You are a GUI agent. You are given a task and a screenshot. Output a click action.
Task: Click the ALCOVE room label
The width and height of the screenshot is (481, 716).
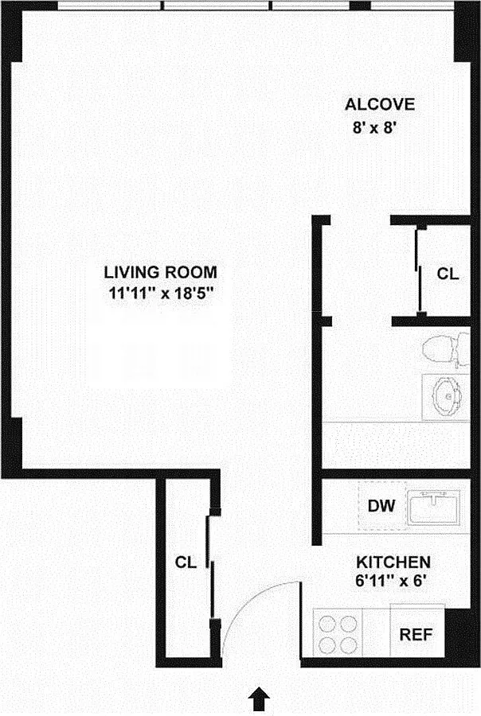pyautogui.click(x=380, y=104)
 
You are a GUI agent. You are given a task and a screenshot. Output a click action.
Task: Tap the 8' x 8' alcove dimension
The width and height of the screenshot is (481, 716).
pyautogui.click(x=373, y=128)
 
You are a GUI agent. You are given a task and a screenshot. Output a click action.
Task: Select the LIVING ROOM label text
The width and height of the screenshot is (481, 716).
pyautogui.click(x=161, y=272)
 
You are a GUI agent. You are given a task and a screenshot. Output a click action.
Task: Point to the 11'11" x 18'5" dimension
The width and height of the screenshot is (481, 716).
pyautogui.click(x=162, y=293)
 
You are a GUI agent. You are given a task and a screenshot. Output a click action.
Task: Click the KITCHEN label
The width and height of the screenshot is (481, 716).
pyautogui.click(x=393, y=562)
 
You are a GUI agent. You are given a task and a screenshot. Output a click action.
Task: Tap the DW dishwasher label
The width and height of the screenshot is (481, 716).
pyautogui.click(x=381, y=506)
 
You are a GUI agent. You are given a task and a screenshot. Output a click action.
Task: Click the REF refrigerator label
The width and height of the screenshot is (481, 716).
pyautogui.click(x=416, y=634)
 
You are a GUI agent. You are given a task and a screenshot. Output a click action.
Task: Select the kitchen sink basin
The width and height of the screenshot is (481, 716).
pyautogui.click(x=433, y=508)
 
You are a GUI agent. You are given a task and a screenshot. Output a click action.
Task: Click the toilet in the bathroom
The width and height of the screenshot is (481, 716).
pyautogui.click(x=445, y=351)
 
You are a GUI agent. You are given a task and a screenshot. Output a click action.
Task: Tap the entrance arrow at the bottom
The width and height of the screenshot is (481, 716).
pyautogui.click(x=259, y=698)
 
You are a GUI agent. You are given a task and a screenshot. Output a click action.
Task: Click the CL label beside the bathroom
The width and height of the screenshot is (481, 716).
pyautogui.click(x=448, y=274)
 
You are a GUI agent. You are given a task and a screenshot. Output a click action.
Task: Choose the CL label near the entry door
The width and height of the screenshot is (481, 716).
pyautogui.click(x=186, y=562)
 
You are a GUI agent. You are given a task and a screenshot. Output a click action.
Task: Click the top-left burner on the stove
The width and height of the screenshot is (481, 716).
pyautogui.click(x=327, y=624)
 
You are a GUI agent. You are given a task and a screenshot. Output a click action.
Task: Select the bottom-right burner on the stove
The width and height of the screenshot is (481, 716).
pyautogui.click(x=348, y=645)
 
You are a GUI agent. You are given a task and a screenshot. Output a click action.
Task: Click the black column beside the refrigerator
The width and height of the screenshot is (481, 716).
pyautogui.click(x=458, y=633)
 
